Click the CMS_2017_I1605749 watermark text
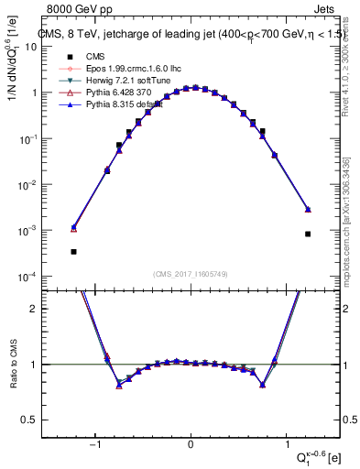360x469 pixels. pos(191,274)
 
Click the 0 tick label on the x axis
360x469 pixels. pos(191,446)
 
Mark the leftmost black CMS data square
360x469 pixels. pos(73,251)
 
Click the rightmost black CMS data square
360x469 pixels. pos(308,234)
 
